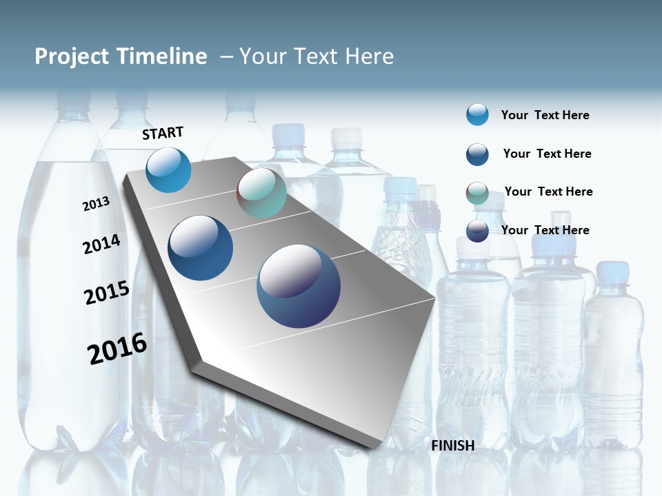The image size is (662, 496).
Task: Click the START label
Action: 163,133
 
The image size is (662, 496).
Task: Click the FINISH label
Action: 453,446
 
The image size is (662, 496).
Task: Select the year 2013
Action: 96,204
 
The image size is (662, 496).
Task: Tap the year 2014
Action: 101,245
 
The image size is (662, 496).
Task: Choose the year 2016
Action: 117,349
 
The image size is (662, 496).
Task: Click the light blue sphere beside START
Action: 169,169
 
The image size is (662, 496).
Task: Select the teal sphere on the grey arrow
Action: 261,194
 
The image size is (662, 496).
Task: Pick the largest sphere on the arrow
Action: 299,286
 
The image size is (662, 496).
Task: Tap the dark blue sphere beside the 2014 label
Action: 201,248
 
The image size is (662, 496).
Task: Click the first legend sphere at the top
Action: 477,114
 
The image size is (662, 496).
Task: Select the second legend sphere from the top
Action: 477,154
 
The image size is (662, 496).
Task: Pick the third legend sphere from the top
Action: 477,193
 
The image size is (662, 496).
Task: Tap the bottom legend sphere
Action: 477,231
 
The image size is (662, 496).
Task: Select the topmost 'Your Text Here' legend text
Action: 545,115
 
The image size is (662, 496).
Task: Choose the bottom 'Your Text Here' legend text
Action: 545,230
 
